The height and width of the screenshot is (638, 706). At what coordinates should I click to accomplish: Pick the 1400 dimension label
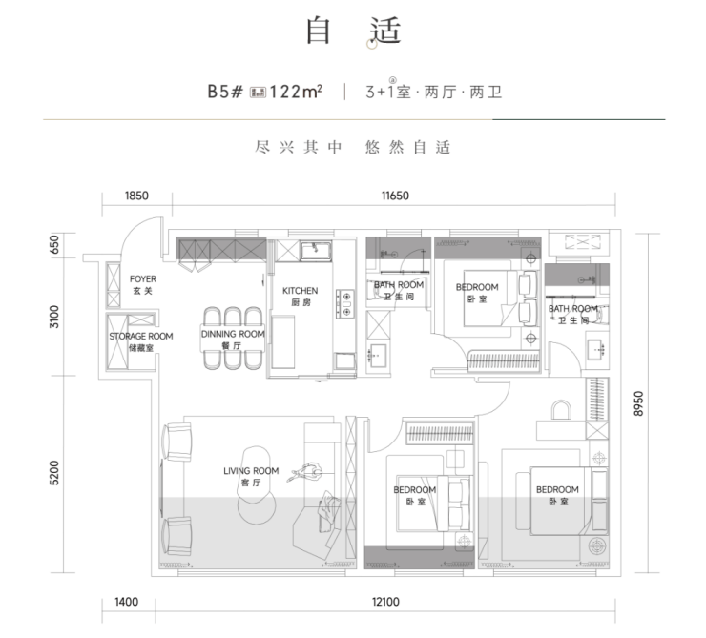pos(126,602)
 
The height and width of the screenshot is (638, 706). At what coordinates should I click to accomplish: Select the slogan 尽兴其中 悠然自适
pos(352,148)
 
